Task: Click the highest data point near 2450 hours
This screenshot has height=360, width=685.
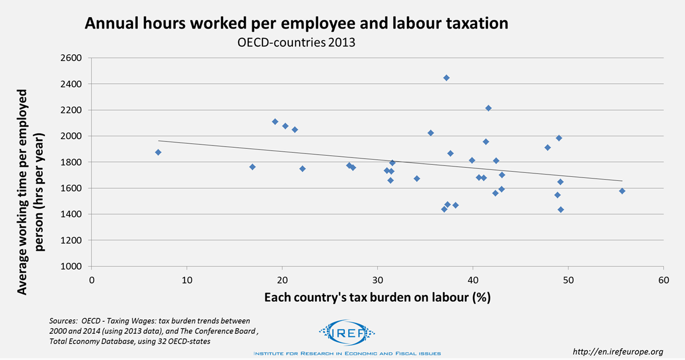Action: point(446,78)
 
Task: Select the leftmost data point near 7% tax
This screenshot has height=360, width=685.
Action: point(158,152)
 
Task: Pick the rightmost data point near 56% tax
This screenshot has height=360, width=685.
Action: point(622,191)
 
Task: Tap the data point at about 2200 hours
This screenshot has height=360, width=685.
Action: point(488,108)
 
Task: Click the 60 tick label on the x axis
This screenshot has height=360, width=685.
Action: point(663,280)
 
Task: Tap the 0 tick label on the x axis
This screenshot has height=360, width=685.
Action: point(92,280)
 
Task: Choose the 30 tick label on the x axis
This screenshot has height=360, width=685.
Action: point(377,280)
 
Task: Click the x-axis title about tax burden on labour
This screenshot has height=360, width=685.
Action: point(377,297)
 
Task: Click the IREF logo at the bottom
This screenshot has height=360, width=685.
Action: point(345,334)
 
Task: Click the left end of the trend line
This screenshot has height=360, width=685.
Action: point(159,140)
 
